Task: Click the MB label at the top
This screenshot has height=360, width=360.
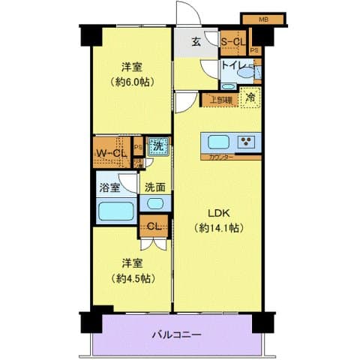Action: (x=263, y=18)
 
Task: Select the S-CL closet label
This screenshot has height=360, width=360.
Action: (x=235, y=42)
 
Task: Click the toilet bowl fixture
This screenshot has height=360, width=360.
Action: (x=228, y=85)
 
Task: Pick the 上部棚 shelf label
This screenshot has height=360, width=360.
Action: (x=220, y=97)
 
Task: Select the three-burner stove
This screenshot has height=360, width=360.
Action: (x=247, y=142)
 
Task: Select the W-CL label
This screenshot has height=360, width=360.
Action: (x=111, y=154)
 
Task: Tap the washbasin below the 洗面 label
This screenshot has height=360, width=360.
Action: (x=155, y=203)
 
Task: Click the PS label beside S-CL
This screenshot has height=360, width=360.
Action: (x=256, y=51)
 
